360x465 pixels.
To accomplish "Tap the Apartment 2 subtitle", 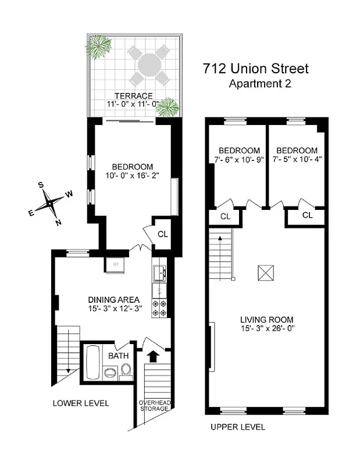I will [260, 83].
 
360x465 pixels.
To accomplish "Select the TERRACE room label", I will [133, 96].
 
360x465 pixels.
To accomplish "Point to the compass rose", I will [51, 203].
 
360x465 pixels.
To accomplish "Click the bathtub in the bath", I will [92, 362].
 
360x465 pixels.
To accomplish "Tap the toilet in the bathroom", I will [126, 370].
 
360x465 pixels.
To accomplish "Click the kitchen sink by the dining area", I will [159, 271].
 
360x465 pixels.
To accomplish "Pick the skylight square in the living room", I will [266, 272].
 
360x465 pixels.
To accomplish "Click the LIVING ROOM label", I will [267, 319].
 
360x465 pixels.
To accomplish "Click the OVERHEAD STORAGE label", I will [154, 405].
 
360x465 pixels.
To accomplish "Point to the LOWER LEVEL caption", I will [80, 403].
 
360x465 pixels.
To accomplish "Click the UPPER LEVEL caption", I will [237, 427].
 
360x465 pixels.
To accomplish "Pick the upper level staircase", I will [222, 255].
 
